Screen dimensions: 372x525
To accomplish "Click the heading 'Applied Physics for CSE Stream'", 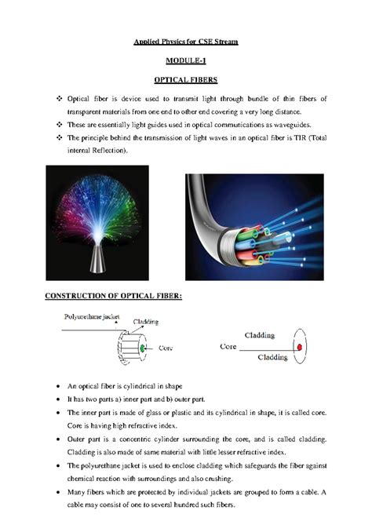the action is pyautogui.click(x=185, y=40).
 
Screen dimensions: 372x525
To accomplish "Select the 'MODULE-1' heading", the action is pyautogui.click(x=186, y=60).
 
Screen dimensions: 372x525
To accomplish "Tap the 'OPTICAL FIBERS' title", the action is pyautogui.click(x=186, y=79).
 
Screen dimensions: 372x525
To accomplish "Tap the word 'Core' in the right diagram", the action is pyautogui.click(x=228, y=345).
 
